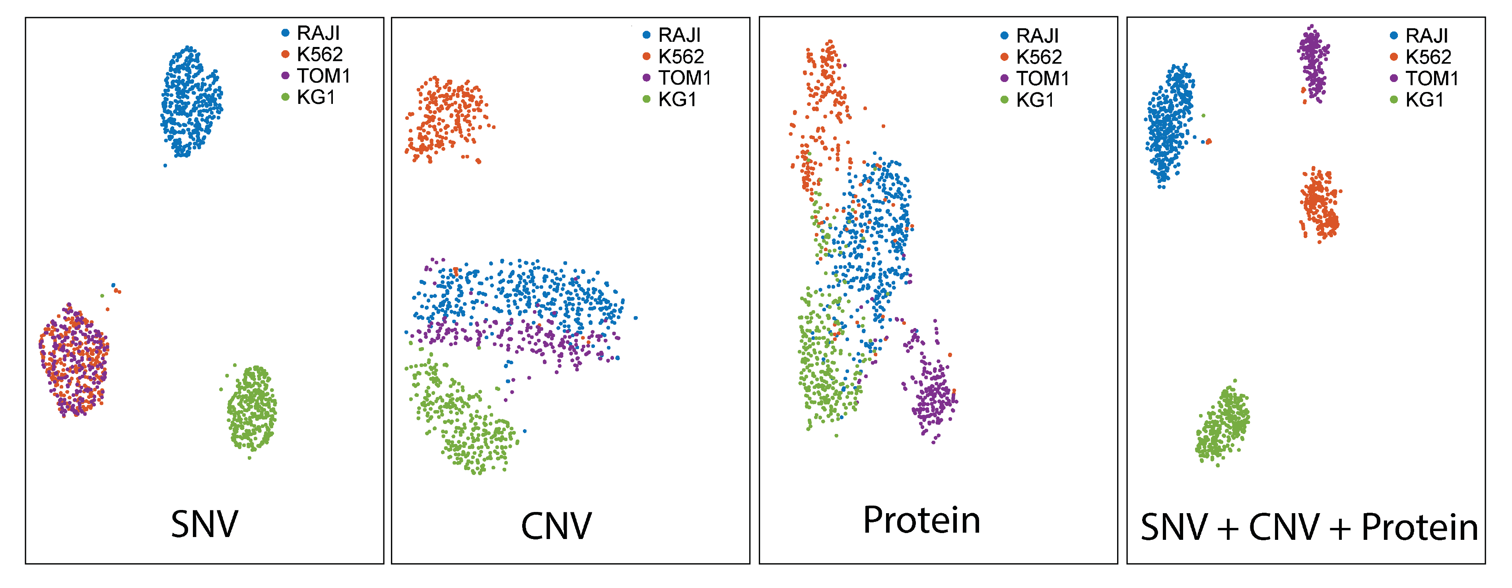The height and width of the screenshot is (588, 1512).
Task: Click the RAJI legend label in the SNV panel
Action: (x=318, y=33)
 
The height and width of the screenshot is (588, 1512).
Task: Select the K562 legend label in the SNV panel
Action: (x=319, y=55)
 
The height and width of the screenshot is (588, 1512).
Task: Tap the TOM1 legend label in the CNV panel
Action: (x=684, y=78)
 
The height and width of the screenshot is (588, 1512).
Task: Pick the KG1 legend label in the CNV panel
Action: (x=677, y=99)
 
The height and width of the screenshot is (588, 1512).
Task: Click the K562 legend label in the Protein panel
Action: (x=1039, y=57)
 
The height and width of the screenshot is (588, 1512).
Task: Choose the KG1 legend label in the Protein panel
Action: (x=1035, y=100)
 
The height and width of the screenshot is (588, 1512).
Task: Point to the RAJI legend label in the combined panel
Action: (x=1426, y=36)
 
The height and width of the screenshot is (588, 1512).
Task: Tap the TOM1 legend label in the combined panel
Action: (x=1432, y=78)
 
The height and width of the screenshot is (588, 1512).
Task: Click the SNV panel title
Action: (x=204, y=524)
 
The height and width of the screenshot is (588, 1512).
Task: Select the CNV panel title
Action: (x=556, y=526)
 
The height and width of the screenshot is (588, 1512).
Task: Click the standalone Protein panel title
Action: (x=921, y=520)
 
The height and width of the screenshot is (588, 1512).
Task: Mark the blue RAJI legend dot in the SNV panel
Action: (x=285, y=33)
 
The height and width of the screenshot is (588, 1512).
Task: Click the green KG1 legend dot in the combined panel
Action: (x=1393, y=100)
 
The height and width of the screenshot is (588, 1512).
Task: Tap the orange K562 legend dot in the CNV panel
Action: (x=646, y=57)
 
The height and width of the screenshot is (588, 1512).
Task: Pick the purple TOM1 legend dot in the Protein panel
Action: (x=1004, y=78)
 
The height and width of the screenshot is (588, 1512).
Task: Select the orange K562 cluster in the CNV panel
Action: (x=446, y=117)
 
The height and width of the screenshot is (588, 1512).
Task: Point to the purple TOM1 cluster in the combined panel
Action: (x=1314, y=62)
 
